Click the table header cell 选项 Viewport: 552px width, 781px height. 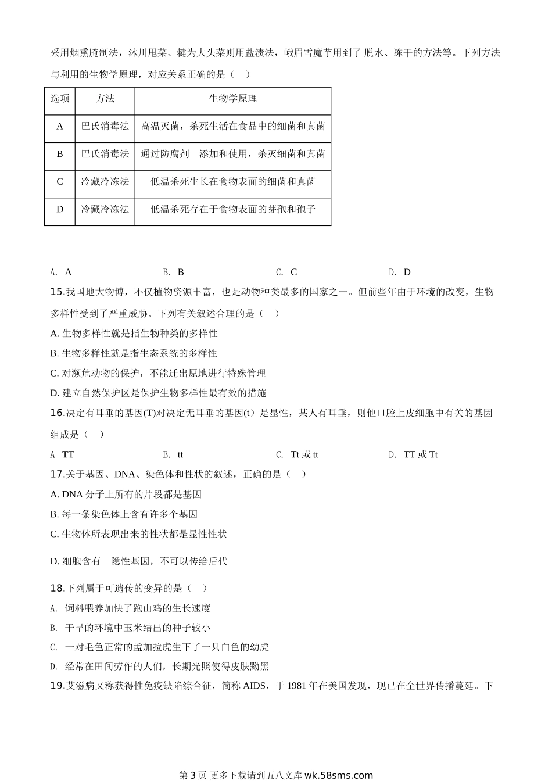(59, 99)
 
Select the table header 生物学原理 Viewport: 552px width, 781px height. (232, 99)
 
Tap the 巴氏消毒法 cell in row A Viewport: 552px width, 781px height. (105, 126)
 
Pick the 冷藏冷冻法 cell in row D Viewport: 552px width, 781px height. (105, 209)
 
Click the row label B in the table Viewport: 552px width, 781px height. (59, 154)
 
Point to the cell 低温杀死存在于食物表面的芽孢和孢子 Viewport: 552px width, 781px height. (232, 209)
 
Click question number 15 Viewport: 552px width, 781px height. (56, 292)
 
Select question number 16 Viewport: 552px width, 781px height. (56, 413)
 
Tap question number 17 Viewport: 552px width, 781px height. (56, 474)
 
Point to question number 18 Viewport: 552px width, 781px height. (56, 588)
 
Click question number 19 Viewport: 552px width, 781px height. (56, 686)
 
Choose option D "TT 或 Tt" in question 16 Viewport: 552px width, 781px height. (420, 454)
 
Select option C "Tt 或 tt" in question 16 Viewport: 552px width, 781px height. (304, 454)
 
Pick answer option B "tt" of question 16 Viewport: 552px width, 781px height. (180, 454)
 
